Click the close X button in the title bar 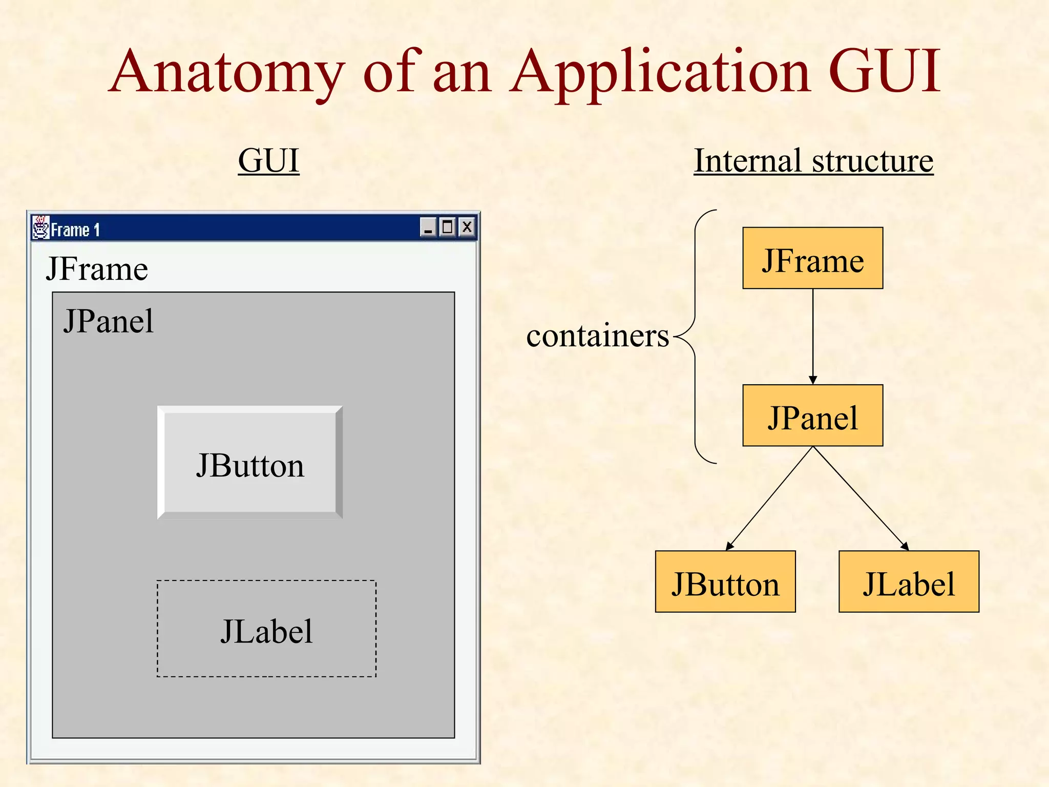467,227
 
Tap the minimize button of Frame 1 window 428,227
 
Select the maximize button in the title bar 447,227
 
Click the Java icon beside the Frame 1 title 40,227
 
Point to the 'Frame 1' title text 75,230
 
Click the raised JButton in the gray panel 250,463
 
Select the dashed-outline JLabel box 266,629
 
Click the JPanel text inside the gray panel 108,322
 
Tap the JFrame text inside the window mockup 97,269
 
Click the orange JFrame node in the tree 812,258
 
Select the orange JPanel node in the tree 812,416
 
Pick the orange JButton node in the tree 725,582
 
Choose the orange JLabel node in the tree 909,582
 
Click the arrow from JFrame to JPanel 813,336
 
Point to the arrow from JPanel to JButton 769,499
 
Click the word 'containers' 597,336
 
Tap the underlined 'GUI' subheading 268,161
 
